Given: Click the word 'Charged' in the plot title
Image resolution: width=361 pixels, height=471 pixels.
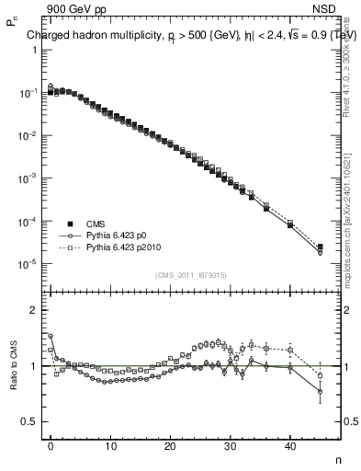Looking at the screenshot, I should click(x=47, y=36).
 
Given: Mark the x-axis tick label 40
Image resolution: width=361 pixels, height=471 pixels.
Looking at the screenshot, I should click(x=290, y=445).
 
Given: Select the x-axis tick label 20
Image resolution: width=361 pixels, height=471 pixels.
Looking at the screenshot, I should click(x=170, y=445).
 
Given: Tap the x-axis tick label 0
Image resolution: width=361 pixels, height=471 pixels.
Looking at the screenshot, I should click(x=51, y=445).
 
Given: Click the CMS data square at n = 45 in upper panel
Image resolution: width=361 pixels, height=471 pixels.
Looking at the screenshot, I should click(x=320, y=247).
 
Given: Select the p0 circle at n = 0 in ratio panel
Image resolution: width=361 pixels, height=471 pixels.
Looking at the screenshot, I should click(x=51, y=336).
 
